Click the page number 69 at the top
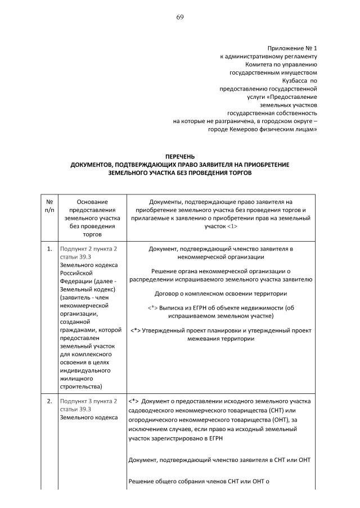180,17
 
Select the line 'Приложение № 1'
292,48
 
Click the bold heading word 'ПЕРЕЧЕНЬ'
180,156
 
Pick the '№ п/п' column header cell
49,205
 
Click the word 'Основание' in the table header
92,201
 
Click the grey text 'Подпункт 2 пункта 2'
88,248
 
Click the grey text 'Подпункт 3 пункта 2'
88,401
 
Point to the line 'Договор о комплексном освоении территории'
221,293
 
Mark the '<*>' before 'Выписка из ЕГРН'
152,308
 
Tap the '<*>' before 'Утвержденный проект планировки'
135,330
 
